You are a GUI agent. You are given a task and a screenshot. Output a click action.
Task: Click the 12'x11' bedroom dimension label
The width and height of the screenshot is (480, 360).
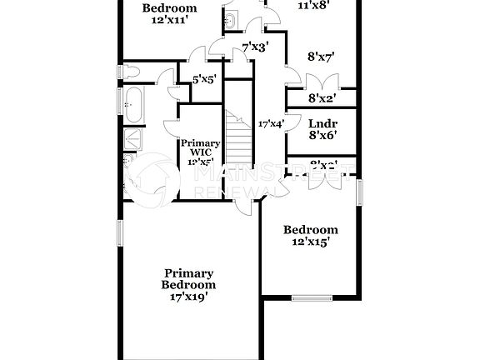click(x=169, y=21)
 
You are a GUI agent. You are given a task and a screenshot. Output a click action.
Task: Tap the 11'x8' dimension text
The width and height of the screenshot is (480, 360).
click(x=313, y=4)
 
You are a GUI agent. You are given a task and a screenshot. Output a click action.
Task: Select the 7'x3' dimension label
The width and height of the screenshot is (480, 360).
click(x=254, y=47)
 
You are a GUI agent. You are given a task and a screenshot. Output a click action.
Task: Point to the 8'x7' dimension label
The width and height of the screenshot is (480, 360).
click(x=321, y=57)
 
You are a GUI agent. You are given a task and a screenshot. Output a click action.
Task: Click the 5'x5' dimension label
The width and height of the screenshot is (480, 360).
click(x=205, y=80)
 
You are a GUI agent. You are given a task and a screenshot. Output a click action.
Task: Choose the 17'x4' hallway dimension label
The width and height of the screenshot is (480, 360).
click(x=272, y=123)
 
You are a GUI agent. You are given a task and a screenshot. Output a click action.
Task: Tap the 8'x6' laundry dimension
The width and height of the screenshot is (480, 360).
click(x=322, y=135)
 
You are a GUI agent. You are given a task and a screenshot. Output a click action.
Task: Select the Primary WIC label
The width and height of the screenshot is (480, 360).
click(x=200, y=147)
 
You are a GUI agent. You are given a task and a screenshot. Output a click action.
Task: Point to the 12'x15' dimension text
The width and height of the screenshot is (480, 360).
click(x=311, y=242)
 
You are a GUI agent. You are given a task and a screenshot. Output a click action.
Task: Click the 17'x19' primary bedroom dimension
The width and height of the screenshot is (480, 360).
click(x=188, y=295)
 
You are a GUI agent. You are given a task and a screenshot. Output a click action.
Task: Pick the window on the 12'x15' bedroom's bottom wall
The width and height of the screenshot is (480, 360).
click(x=312, y=297)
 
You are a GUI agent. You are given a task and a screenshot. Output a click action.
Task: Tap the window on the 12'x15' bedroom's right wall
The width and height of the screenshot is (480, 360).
click(x=361, y=192)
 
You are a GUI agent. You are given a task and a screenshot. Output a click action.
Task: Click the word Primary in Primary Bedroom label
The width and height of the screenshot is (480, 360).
click(x=188, y=272)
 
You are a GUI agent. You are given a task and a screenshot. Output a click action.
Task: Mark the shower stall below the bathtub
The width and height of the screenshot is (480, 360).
click(x=132, y=139)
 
